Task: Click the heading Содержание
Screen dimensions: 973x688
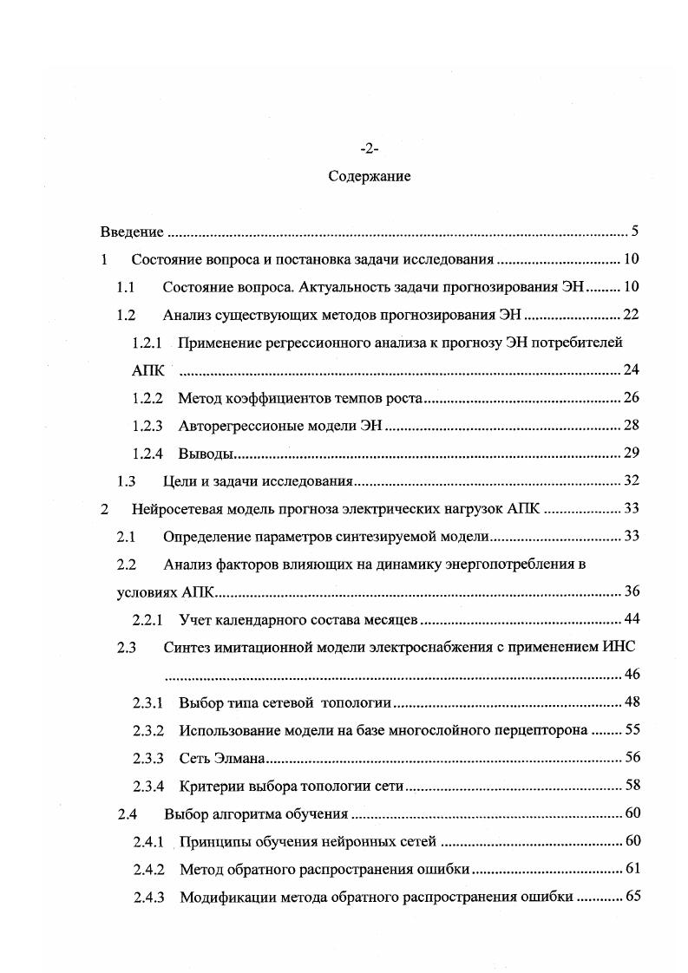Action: (370, 176)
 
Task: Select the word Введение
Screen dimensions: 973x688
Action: (132, 232)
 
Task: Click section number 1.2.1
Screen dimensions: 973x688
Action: (147, 343)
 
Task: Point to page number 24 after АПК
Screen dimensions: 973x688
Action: (631, 370)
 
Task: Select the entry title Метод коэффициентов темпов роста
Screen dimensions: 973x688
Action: (299, 398)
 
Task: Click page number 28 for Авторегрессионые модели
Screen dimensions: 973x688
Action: (631, 426)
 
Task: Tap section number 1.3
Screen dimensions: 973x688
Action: (127, 481)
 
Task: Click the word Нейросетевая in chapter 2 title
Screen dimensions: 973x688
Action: (173, 509)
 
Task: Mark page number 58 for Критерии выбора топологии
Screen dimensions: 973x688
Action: (631, 785)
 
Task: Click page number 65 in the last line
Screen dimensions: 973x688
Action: (631, 896)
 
